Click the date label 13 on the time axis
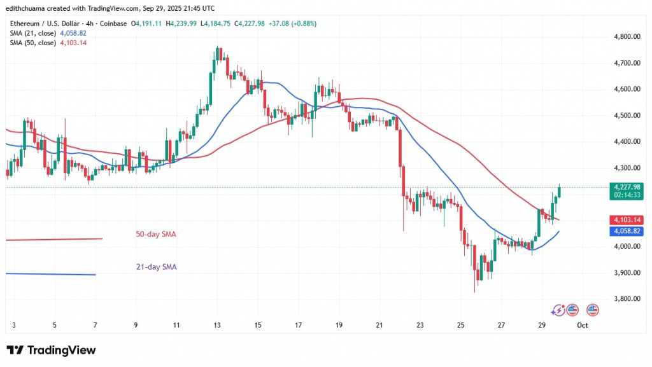(x=217, y=326)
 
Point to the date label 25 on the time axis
(x=460, y=326)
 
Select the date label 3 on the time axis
(x=15, y=326)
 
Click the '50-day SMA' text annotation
(x=156, y=234)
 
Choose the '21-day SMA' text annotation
(x=156, y=268)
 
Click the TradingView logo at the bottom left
(x=51, y=350)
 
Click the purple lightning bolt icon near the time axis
(x=558, y=310)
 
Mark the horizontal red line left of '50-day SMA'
(x=54, y=239)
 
